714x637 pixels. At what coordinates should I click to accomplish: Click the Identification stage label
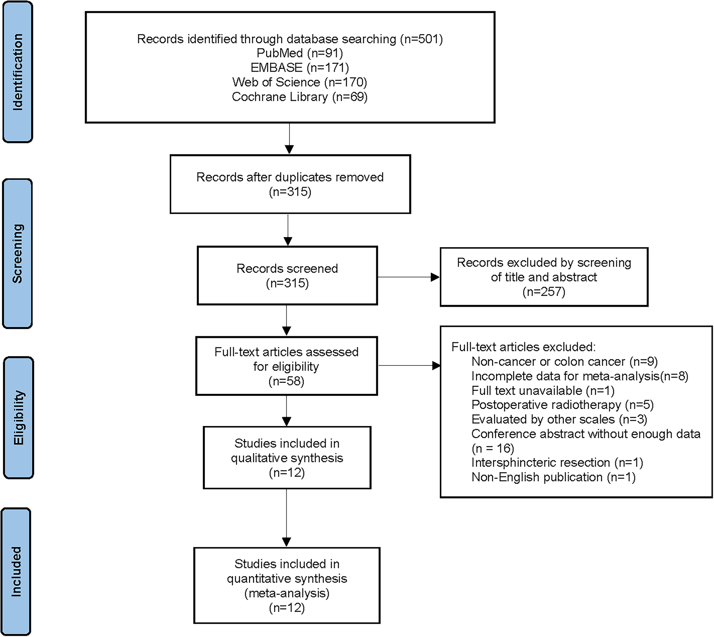(x=18, y=72)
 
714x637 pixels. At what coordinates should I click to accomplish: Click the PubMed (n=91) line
(x=300, y=53)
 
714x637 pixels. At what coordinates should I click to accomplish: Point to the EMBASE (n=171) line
(x=300, y=68)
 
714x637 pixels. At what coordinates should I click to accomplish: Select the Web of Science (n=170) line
(x=300, y=82)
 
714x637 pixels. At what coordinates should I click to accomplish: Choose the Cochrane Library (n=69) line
(x=300, y=97)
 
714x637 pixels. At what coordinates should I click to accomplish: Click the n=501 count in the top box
(x=421, y=39)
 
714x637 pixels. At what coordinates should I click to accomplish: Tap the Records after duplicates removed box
(x=290, y=184)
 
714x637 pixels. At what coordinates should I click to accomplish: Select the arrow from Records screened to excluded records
(x=409, y=277)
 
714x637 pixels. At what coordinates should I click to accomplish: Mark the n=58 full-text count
(x=287, y=381)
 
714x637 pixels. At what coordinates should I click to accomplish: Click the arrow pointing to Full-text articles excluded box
(x=409, y=366)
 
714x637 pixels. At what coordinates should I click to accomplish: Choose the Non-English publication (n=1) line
(x=553, y=477)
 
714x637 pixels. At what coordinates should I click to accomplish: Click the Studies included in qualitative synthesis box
(x=287, y=458)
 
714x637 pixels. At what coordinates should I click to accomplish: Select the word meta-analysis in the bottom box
(x=287, y=593)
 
